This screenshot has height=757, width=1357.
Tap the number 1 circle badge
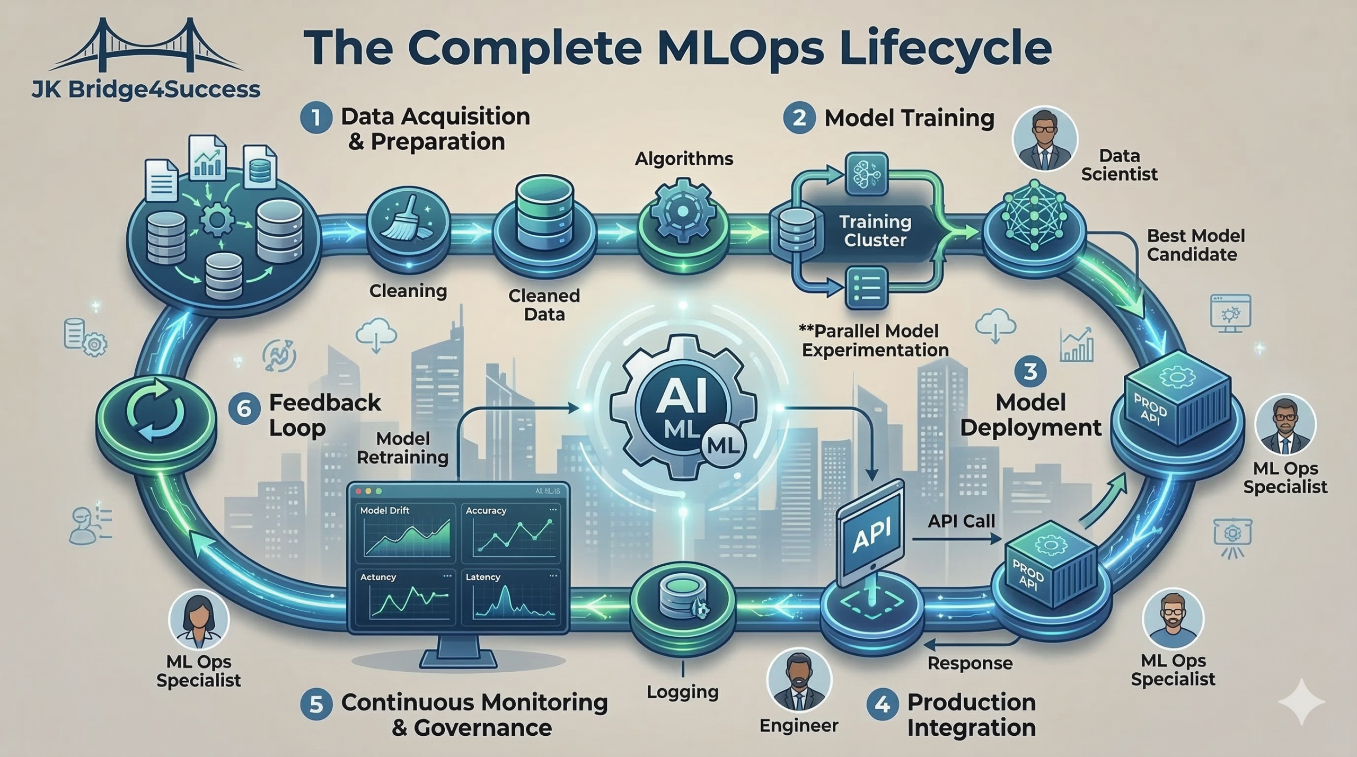tap(316, 118)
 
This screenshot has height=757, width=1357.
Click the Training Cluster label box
tap(875, 231)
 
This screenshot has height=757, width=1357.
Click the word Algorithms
tap(684, 158)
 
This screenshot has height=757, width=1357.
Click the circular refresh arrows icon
tap(157, 415)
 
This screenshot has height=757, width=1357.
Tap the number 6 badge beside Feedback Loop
tap(244, 408)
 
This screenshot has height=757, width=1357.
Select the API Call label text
tap(961, 521)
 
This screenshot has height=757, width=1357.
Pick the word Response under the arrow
tap(970, 663)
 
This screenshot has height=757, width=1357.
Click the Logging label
tap(683, 692)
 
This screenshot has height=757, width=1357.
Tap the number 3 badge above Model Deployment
tap(1030, 371)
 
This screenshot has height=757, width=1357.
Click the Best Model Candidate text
tap(1195, 245)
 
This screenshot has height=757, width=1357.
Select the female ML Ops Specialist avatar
tap(198, 620)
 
